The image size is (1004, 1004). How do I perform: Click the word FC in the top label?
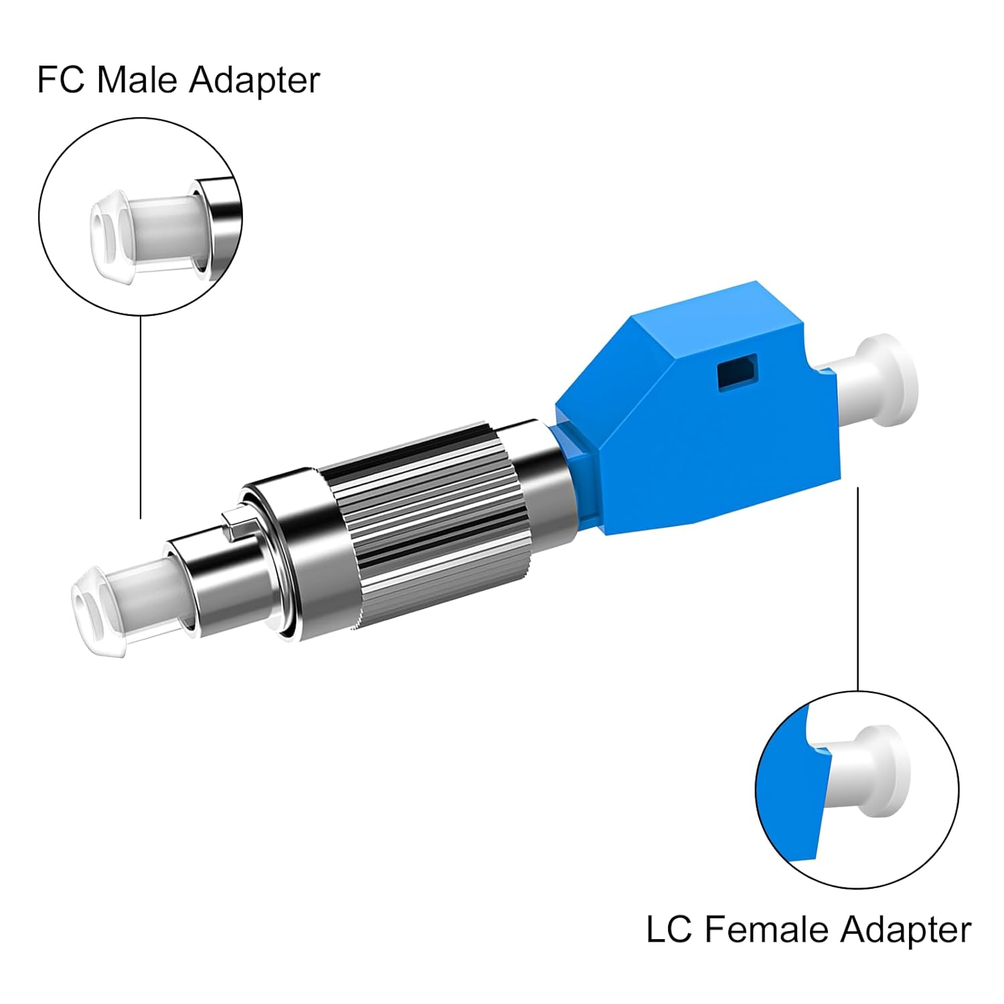(60, 80)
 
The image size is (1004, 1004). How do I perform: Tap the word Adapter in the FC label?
(254, 81)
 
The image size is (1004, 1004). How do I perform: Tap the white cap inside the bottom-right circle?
(870, 770)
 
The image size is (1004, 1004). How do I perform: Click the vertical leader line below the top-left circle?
(141, 415)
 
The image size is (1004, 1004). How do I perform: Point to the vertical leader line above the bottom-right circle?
(858, 589)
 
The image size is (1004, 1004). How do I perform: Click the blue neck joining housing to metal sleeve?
(569, 469)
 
